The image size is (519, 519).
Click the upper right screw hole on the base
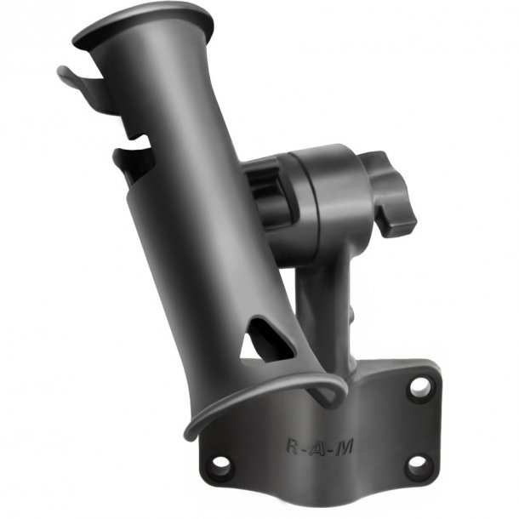[x=419, y=387]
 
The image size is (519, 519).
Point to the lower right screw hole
[x=417, y=465]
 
